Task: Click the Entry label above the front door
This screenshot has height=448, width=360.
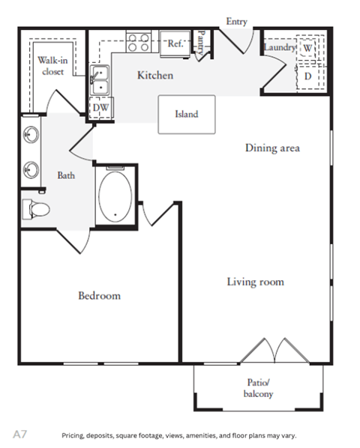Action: click(236, 22)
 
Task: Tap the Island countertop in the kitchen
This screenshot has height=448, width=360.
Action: click(187, 115)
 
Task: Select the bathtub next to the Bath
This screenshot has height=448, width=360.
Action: click(115, 197)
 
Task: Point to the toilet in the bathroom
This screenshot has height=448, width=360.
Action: click(36, 210)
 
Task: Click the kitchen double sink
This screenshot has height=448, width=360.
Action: click(100, 79)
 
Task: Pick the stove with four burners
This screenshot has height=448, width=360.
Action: click(139, 42)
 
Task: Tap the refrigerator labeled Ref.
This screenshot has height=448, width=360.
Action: click(175, 43)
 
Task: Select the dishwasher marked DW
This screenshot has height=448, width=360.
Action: click(100, 108)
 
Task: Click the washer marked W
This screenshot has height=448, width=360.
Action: click(307, 47)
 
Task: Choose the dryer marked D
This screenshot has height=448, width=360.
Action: click(307, 76)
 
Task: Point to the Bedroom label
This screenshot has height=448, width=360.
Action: click(100, 295)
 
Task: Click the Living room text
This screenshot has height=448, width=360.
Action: click(255, 282)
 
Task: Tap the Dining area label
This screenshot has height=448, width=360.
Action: click(272, 148)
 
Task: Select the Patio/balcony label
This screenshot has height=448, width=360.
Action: click(259, 388)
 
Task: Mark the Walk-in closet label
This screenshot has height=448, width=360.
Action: click(52, 66)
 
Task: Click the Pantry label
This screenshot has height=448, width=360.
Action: click(201, 43)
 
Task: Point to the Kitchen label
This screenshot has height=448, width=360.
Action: click(155, 76)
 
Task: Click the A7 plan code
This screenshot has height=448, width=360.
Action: click(19, 435)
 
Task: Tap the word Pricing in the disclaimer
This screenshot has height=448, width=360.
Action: click(73, 436)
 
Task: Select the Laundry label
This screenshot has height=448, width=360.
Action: click(279, 47)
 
